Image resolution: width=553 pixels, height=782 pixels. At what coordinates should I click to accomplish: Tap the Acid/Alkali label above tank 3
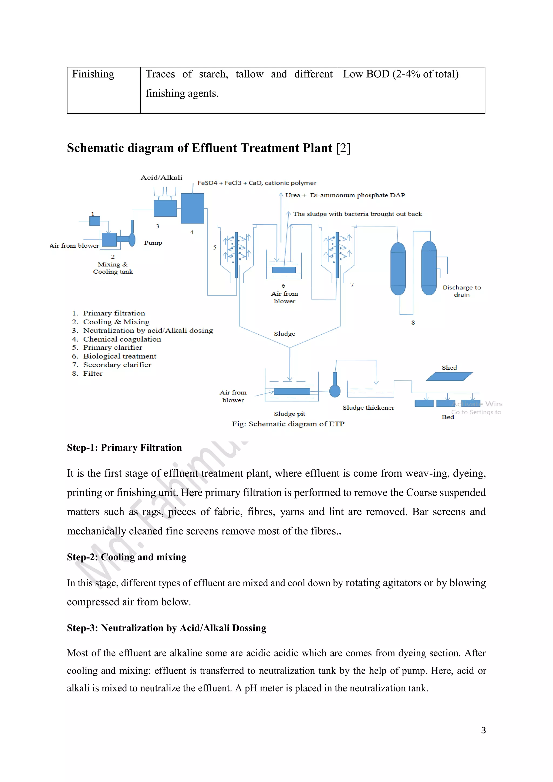tap(161, 177)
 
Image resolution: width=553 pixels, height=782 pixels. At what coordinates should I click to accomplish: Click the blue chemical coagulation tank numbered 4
tap(193, 208)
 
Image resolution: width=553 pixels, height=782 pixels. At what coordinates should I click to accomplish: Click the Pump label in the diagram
tap(153, 243)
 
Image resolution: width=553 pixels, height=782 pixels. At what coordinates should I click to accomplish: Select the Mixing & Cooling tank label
tap(113, 268)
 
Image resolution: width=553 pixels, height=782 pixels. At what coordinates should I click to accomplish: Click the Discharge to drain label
tap(462, 291)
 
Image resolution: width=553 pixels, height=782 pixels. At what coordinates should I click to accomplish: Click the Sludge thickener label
tap(368, 408)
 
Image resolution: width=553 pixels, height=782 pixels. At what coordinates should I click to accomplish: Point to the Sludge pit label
tap(289, 414)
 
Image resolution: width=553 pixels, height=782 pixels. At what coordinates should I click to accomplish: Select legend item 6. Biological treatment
tap(119, 356)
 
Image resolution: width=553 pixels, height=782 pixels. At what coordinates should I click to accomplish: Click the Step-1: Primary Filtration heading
tap(124, 447)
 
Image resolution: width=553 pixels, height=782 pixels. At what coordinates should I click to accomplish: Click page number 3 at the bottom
tap(483, 730)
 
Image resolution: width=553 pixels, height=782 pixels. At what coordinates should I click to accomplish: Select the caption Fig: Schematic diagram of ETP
tap(288, 424)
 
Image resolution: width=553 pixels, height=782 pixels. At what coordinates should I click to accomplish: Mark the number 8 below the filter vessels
tap(413, 322)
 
